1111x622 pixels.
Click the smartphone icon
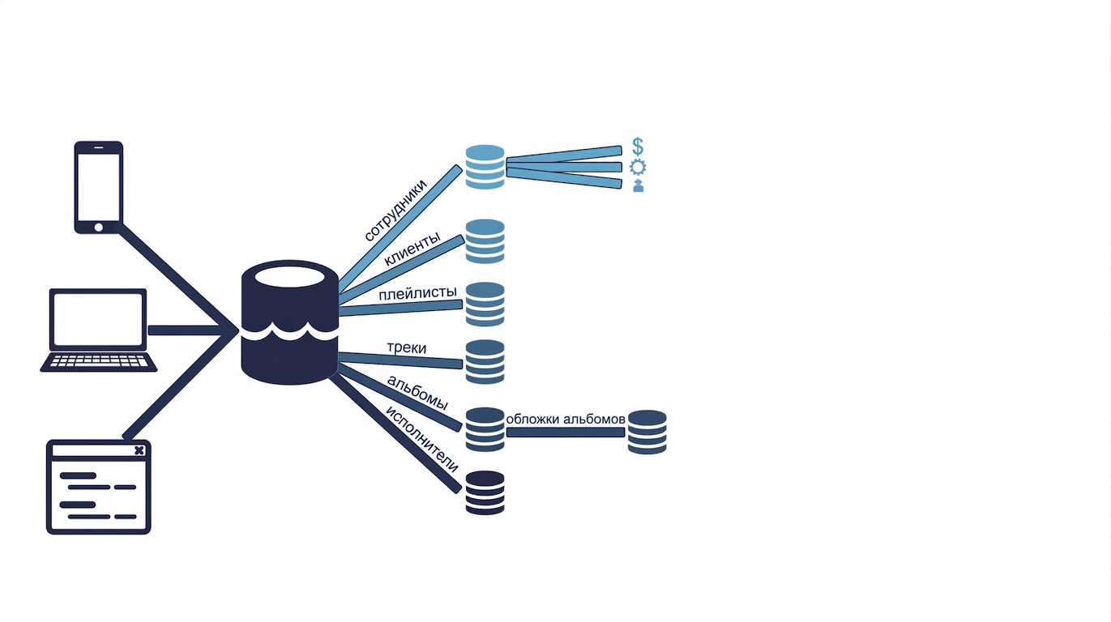(x=99, y=187)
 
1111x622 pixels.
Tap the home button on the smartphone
(x=99, y=228)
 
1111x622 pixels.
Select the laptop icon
(x=98, y=330)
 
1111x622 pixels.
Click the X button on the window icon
(x=139, y=450)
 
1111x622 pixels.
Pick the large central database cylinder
(x=289, y=322)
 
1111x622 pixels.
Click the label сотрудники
(x=395, y=210)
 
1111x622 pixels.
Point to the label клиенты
(x=412, y=249)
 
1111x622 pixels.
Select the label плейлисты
(x=417, y=293)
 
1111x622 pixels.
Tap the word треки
(x=407, y=347)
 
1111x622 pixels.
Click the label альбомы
(x=417, y=392)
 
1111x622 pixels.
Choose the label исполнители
(x=421, y=439)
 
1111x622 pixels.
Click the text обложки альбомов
(x=566, y=420)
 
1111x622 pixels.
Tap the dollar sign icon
(x=638, y=147)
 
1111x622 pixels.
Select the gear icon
(x=638, y=168)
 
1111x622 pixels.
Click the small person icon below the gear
(x=639, y=185)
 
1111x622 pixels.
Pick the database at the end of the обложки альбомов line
(x=647, y=432)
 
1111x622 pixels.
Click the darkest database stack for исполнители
(x=485, y=492)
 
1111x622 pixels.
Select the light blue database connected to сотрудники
(x=485, y=167)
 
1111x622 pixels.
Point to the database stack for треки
(x=485, y=362)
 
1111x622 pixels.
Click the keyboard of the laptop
(x=99, y=361)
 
